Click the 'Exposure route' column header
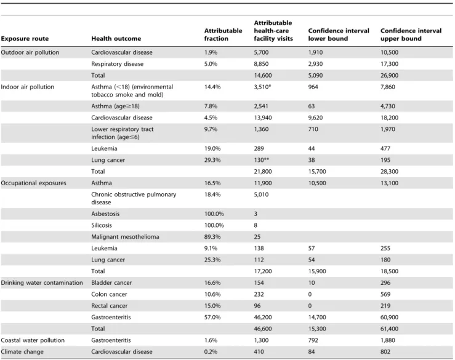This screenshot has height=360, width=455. [x=25, y=39]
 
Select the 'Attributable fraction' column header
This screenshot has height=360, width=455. [x=223, y=34]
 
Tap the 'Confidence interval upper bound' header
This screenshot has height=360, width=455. [x=411, y=34]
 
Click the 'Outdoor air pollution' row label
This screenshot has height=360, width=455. [x=30, y=52]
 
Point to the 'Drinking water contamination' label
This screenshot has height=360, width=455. [x=42, y=283]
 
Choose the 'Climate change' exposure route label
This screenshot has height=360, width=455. [x=22, y=352]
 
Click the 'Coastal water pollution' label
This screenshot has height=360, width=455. [x=33, y=340]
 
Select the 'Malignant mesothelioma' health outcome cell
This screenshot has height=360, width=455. [x=125, y=237]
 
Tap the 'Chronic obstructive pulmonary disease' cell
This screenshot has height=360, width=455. [x=134, y=198]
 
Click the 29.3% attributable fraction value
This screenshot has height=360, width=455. [x=212, y=160]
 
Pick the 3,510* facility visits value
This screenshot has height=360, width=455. [x=262, y=87]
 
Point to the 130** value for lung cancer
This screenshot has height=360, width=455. [x=261, y=160]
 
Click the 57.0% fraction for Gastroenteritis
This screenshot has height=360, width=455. [x=212, y=318]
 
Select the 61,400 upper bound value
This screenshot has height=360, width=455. [x=389, y=329]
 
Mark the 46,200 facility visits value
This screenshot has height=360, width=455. [x=263, y=318]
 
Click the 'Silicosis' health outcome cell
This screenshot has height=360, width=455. [x=101, y=225]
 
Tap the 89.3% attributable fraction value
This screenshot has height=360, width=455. [x=212, y=237]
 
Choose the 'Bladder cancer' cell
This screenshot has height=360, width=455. [x=111, y=283]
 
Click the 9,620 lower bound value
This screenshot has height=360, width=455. [x=315, y=118]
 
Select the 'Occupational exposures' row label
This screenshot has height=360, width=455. [x=33, y=183]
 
